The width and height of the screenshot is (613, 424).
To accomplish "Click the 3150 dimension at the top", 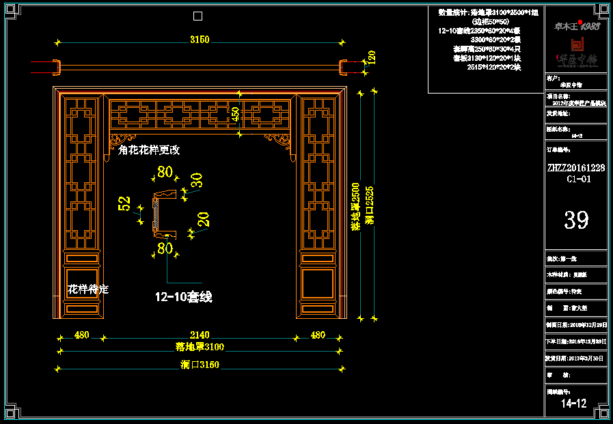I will click(200, 40).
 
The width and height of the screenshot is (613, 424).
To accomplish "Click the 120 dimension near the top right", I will click(371, 57).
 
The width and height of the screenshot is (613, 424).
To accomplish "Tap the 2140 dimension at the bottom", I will click(200, 335).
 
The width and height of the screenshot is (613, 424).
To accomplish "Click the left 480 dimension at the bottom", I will click(81, 335).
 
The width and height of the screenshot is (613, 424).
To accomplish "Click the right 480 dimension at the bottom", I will click(318, 335).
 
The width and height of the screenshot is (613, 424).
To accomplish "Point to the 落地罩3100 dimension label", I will click(200, 347).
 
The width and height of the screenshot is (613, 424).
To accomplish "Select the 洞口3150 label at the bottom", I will click(200, 365).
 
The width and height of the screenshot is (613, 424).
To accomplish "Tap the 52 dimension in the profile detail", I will click(124, 203).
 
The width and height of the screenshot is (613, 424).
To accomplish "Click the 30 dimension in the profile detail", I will click(196, 180).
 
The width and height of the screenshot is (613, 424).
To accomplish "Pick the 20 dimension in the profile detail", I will click(203, 219).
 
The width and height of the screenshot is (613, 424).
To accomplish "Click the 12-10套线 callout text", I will click(183, 297).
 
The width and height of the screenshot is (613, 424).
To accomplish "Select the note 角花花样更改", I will click(148, 150).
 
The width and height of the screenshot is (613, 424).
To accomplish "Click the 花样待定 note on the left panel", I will click(87, 289).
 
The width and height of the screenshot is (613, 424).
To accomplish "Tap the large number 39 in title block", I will click(575, 219).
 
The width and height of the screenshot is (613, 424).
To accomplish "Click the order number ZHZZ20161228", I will click(575, 167).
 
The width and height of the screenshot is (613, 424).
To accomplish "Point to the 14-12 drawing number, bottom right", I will click(573, 404).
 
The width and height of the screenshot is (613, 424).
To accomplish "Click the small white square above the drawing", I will click(197, 16).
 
